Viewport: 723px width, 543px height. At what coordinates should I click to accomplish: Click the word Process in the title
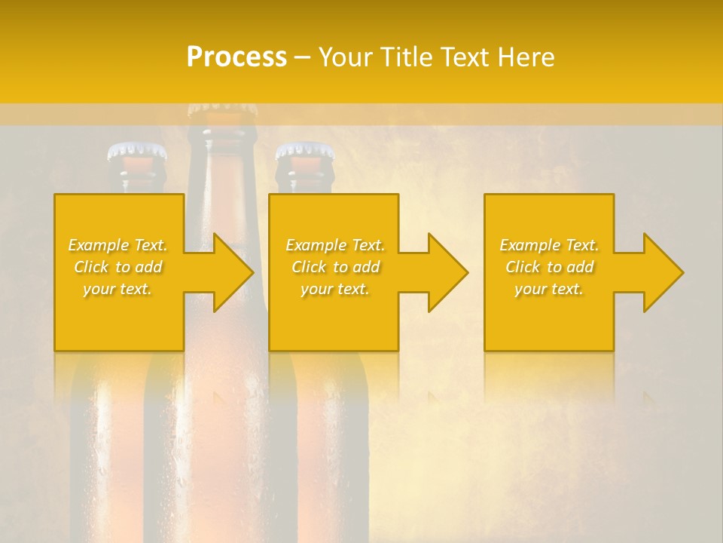[236, 57]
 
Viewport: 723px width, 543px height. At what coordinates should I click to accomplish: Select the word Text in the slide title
[463, 57]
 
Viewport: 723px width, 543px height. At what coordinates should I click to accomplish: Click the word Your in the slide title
[346, 57]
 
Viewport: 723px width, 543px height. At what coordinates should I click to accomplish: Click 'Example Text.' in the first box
[118, 245]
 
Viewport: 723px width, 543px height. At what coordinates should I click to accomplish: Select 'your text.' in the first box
[118, 289]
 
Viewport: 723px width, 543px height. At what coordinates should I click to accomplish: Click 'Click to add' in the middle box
[336, 267]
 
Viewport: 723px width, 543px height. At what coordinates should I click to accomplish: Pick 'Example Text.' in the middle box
[336, 245]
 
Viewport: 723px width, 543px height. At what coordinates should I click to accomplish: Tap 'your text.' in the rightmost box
[549, 289]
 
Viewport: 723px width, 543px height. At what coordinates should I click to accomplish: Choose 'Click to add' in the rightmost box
[549, 267]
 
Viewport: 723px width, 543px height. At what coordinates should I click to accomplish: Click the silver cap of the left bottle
[136, 152]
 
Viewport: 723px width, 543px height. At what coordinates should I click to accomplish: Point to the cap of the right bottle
[304, 152]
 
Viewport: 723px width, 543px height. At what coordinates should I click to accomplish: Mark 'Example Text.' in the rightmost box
[549, 245]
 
